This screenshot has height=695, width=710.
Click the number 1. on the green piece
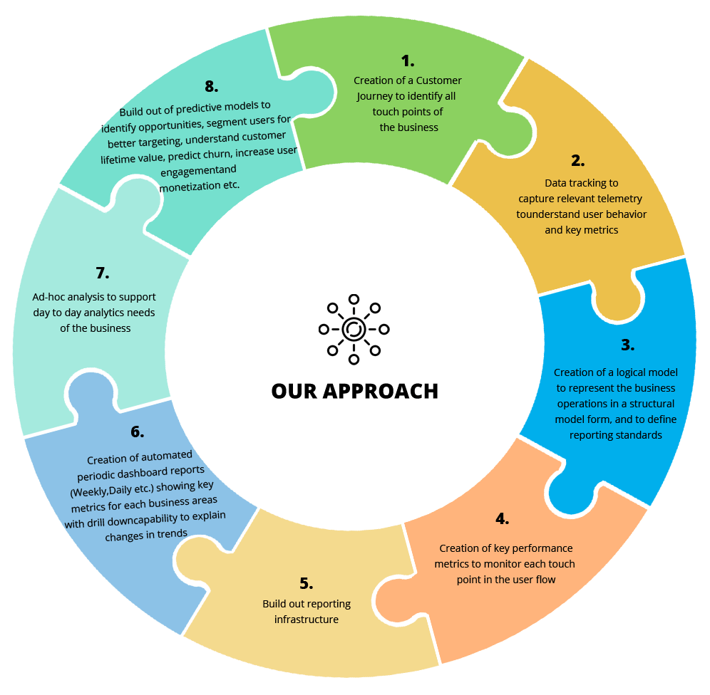click(407, 61)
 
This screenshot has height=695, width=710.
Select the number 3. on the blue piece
click(627, 345)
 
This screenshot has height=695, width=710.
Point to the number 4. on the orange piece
click(502, 518)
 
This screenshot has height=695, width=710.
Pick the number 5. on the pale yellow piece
click(306, 584)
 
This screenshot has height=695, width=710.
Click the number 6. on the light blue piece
click(137, 432)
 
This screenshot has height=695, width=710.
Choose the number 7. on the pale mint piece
click(102, 273)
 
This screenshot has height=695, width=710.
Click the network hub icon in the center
click(354, 328)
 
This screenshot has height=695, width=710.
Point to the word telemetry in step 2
click(619, 199)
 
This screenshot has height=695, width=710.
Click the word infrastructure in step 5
click(307, 620)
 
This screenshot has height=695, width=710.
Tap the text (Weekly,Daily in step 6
click(101, 486)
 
